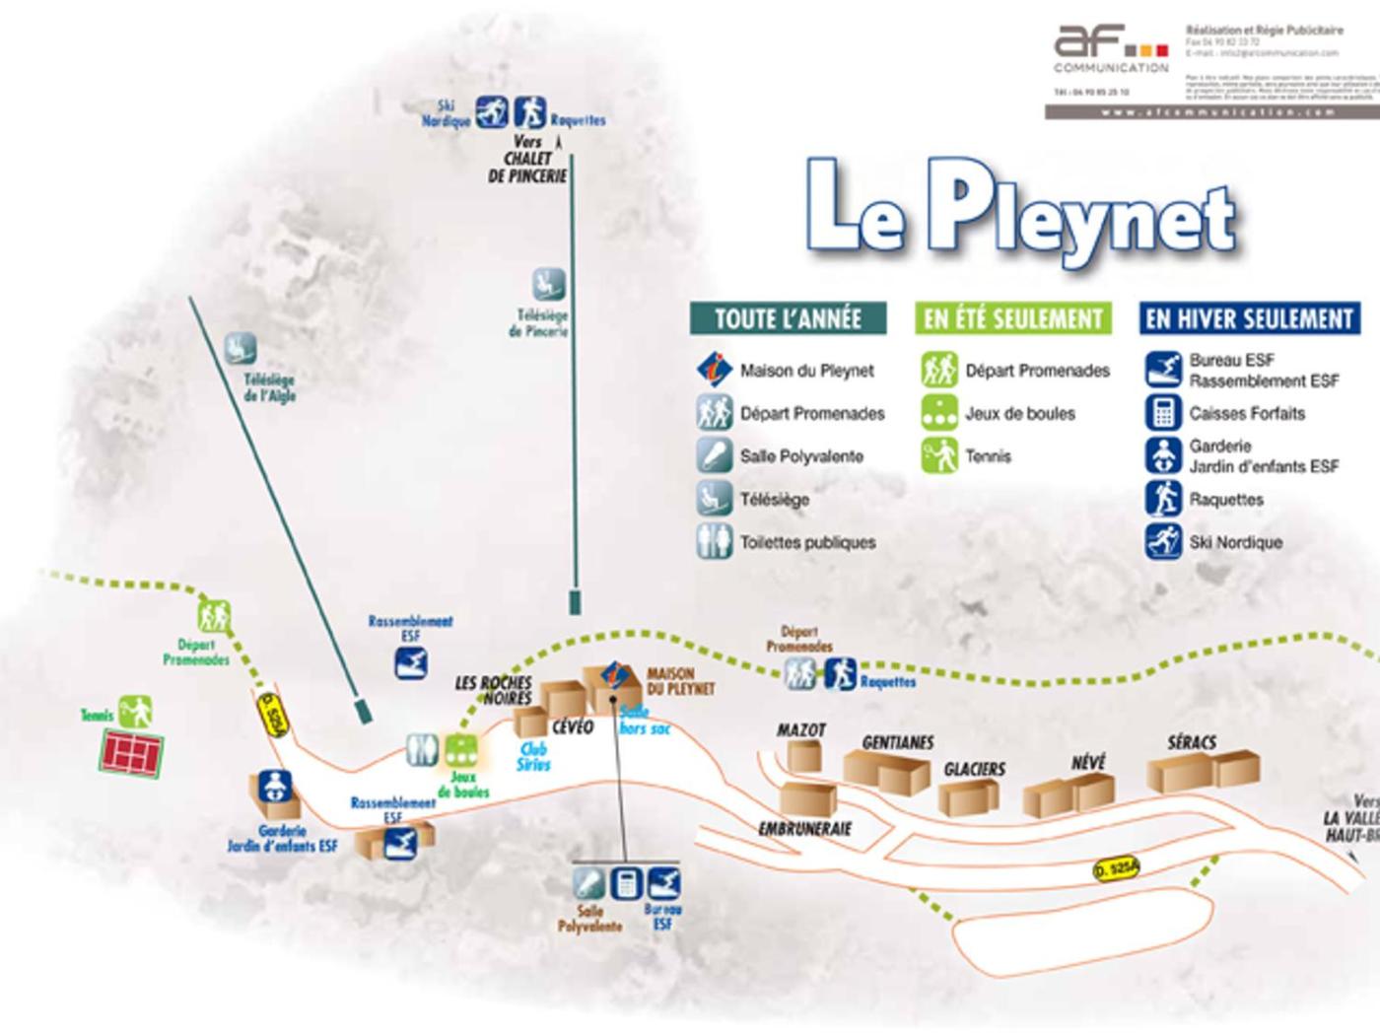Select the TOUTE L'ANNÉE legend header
[788, 318]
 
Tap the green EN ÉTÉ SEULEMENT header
[1012, 318]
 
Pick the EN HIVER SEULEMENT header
[1249, 318]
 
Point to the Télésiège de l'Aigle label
[269, 387]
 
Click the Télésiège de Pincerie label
[539, 323]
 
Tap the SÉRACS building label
[1192, 742]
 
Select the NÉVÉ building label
[1088, 762]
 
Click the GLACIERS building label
[974, 769]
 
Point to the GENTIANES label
[897, 742]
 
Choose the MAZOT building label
[800, 730]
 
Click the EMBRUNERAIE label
[804, 829]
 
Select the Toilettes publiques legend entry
[807, 542]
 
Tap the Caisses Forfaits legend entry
[1246, 413]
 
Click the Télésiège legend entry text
[775, 500]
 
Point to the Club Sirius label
[533, 757]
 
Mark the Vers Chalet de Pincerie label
[528, 159]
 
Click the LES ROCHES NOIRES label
[494, 690]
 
